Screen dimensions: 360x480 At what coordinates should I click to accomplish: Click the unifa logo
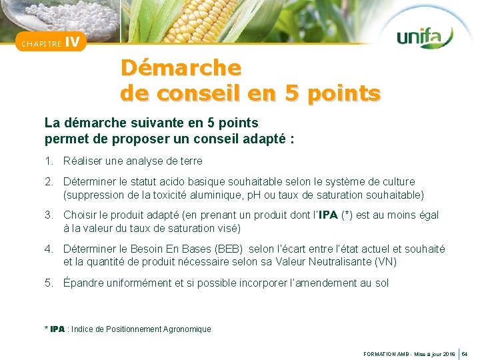[x=425, y=37]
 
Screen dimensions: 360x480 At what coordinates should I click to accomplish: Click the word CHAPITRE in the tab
[x=42, y=44]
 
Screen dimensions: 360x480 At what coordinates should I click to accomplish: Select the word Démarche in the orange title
[x=181, y=68]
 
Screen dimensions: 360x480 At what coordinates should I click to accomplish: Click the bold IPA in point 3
[x=328, y=215]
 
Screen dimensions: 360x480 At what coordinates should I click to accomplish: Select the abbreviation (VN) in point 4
[x=385, y=262]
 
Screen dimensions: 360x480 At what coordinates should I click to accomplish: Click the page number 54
[x=465, y=353]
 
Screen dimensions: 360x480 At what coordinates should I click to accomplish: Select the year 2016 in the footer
[x=448, y=353]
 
